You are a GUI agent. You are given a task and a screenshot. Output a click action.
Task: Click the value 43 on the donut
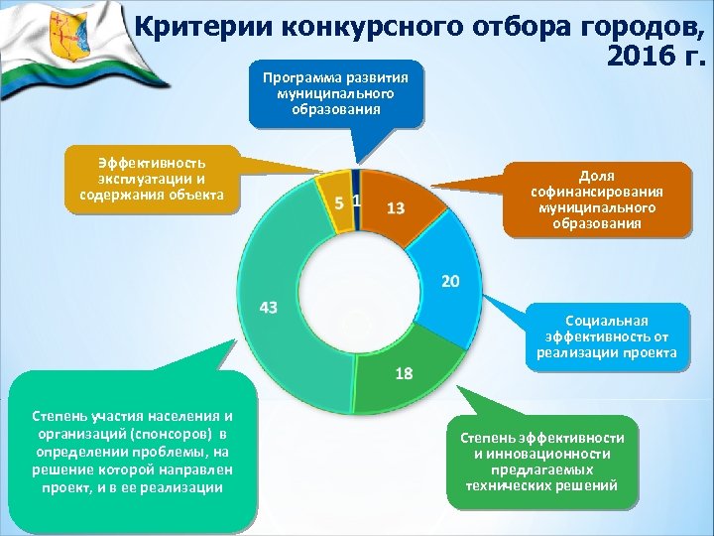point(268,308)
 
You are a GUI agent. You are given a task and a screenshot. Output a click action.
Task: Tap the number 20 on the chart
point(449,282)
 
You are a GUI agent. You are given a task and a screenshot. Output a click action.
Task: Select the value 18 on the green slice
point(404,373)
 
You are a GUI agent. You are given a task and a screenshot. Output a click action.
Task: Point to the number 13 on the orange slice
point(395,207)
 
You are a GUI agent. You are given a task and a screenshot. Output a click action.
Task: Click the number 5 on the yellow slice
point(340,202)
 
